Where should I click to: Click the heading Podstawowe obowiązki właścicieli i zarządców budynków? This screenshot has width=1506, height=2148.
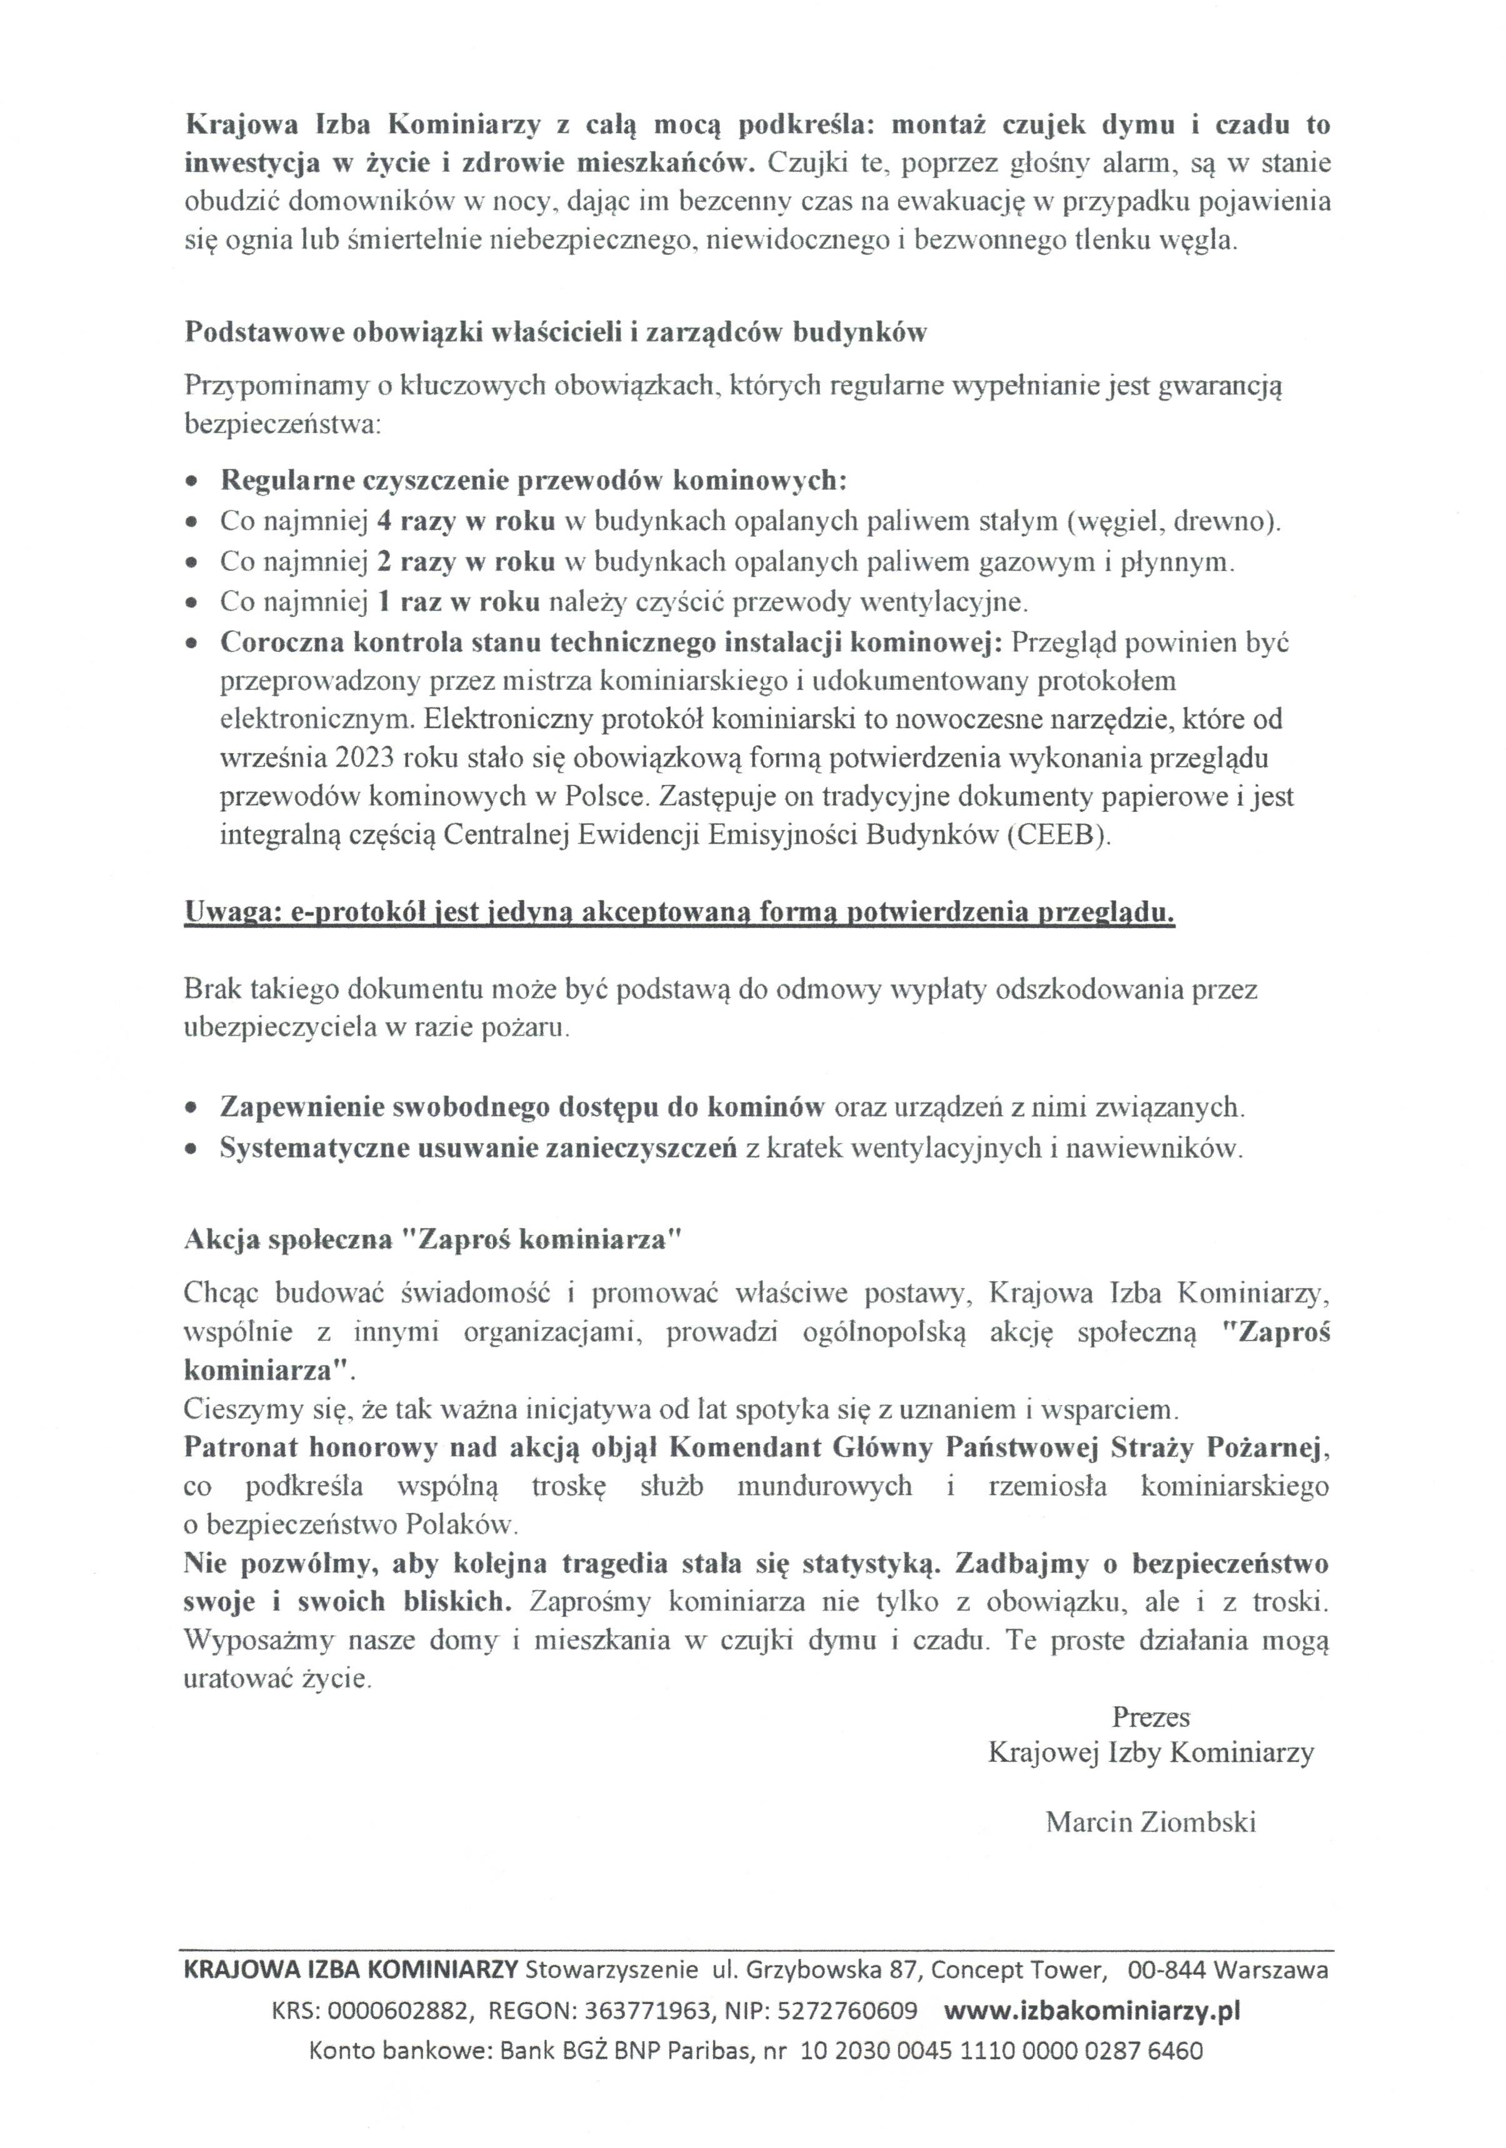coord(555,333)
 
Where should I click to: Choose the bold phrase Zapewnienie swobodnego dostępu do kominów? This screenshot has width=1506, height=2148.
coord(522,1107)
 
